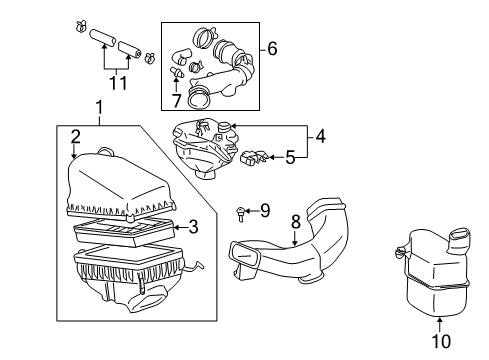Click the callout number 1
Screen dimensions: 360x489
[98, 107]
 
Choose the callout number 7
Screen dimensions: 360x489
[177, 101]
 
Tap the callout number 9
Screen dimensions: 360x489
[264, 209]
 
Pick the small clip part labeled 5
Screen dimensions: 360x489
[254, 156]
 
